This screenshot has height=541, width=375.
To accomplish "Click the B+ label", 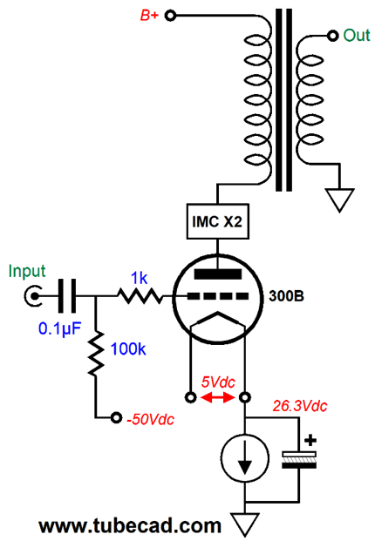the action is pos(149,16).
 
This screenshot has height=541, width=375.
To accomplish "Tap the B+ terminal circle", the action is pos(170,16).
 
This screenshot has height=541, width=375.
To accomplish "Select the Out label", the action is pos(357,35).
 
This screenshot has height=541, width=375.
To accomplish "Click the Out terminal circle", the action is pos(333,35).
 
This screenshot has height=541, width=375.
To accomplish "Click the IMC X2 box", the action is pos(217,221).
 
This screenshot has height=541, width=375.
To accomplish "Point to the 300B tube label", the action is pos(286,296).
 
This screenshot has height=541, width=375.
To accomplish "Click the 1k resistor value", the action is pos(140,278).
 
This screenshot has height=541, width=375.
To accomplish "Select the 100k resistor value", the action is pos(128,349).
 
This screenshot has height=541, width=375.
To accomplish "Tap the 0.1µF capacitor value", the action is pos(59,329).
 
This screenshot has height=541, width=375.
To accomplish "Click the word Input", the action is pos(27,271).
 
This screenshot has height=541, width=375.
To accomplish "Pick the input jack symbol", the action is pos(33,296).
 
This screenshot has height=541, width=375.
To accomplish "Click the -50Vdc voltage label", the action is pos(151,419).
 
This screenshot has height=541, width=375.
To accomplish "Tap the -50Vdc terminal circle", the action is pos(116,418).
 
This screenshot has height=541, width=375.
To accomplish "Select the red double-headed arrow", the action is pos(218,398).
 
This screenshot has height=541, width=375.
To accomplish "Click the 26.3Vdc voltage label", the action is pos(300,407).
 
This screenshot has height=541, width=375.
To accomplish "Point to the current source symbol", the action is pos(245,458).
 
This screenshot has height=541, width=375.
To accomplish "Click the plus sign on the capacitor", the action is pos(310,440).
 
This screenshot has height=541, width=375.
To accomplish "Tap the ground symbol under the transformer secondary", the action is pos(340,200).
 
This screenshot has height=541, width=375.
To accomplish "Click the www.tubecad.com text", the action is pos(130,526).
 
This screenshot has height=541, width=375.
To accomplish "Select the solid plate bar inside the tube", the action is pos(218,274).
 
